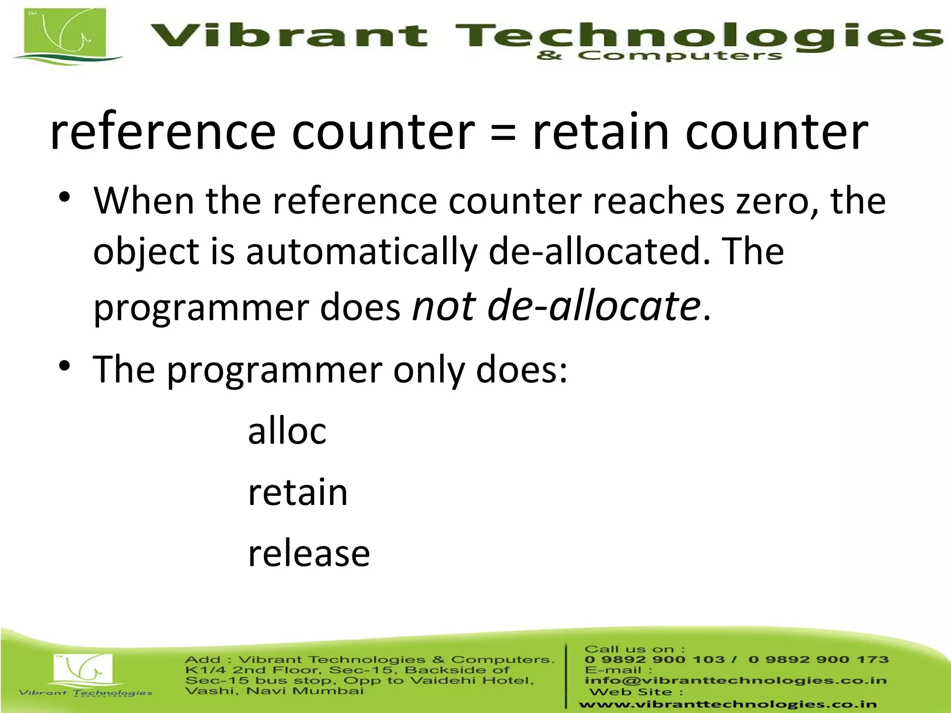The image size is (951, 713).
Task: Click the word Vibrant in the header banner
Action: [x=289, y=36]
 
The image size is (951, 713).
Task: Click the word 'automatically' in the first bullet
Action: [x=361, y=252]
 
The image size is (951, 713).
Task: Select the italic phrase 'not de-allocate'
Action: [x=556, y=306]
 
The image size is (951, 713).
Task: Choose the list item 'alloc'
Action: [x=287, y=431]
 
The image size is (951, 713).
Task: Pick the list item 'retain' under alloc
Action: [x=298, y=492]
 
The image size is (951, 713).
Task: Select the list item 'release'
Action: [x=309, y=553]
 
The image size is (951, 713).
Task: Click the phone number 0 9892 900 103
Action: [x=655, y=660]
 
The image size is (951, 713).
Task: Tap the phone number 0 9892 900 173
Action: [x=818, y=660]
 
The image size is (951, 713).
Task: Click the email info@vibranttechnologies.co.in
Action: [x=736, y=681]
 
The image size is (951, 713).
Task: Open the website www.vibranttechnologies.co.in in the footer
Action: [x=727, y=704]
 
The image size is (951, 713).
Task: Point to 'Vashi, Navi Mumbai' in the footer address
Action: [x=274, y=691]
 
